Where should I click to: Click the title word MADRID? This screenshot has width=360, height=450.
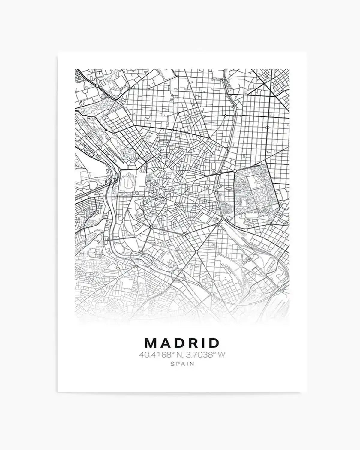pyautogui.click(x=182, y=343)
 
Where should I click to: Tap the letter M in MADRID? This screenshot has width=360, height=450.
pyautogui.click(x=150, y=343)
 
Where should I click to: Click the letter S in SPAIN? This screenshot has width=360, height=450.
pyautogui.click(x=172, y=364)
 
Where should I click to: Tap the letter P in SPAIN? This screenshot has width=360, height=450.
pyautogui.click(x=177, y=364)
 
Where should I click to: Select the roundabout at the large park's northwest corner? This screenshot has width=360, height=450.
pyautogui.click(x=235, y=171)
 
